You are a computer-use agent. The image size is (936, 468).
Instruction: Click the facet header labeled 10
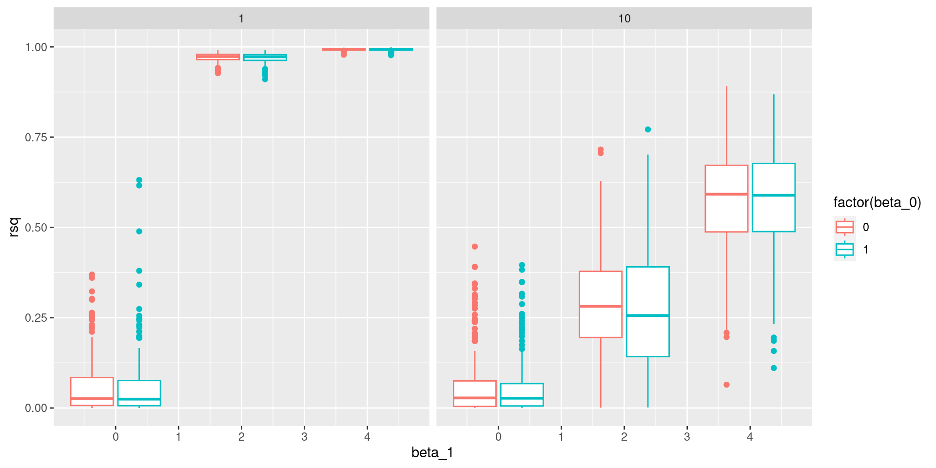point(624,19)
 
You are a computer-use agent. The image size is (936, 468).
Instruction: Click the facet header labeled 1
point(241,19)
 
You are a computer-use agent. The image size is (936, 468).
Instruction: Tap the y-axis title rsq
point(15,227)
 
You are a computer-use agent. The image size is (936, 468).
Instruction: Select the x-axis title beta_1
point(432,453)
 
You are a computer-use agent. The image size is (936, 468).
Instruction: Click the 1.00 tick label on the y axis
point(36,47)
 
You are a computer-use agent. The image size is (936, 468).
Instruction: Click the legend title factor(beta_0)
point(877,202)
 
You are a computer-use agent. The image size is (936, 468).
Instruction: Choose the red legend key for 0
point(844,227)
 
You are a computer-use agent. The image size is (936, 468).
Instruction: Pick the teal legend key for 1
point(844,250)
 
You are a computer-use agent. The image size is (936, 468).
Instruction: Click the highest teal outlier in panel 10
point(648,130)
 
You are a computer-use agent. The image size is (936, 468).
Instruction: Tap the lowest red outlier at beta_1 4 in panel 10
point(726,385)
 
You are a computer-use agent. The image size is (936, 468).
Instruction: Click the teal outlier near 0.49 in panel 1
point(139,232)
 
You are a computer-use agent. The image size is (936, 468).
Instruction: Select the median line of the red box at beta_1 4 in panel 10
point(726,194)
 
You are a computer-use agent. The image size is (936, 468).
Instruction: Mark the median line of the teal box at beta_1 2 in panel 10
point(648,315)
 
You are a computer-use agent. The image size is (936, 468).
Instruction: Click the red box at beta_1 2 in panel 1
point(218,57)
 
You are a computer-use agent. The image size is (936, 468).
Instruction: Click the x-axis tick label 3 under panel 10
point(687,437)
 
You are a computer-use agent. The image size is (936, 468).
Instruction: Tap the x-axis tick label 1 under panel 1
point(178,437)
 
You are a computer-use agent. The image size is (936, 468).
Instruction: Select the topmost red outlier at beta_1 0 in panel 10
point(475,247)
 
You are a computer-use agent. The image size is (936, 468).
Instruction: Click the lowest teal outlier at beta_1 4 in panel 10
point(774,368)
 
